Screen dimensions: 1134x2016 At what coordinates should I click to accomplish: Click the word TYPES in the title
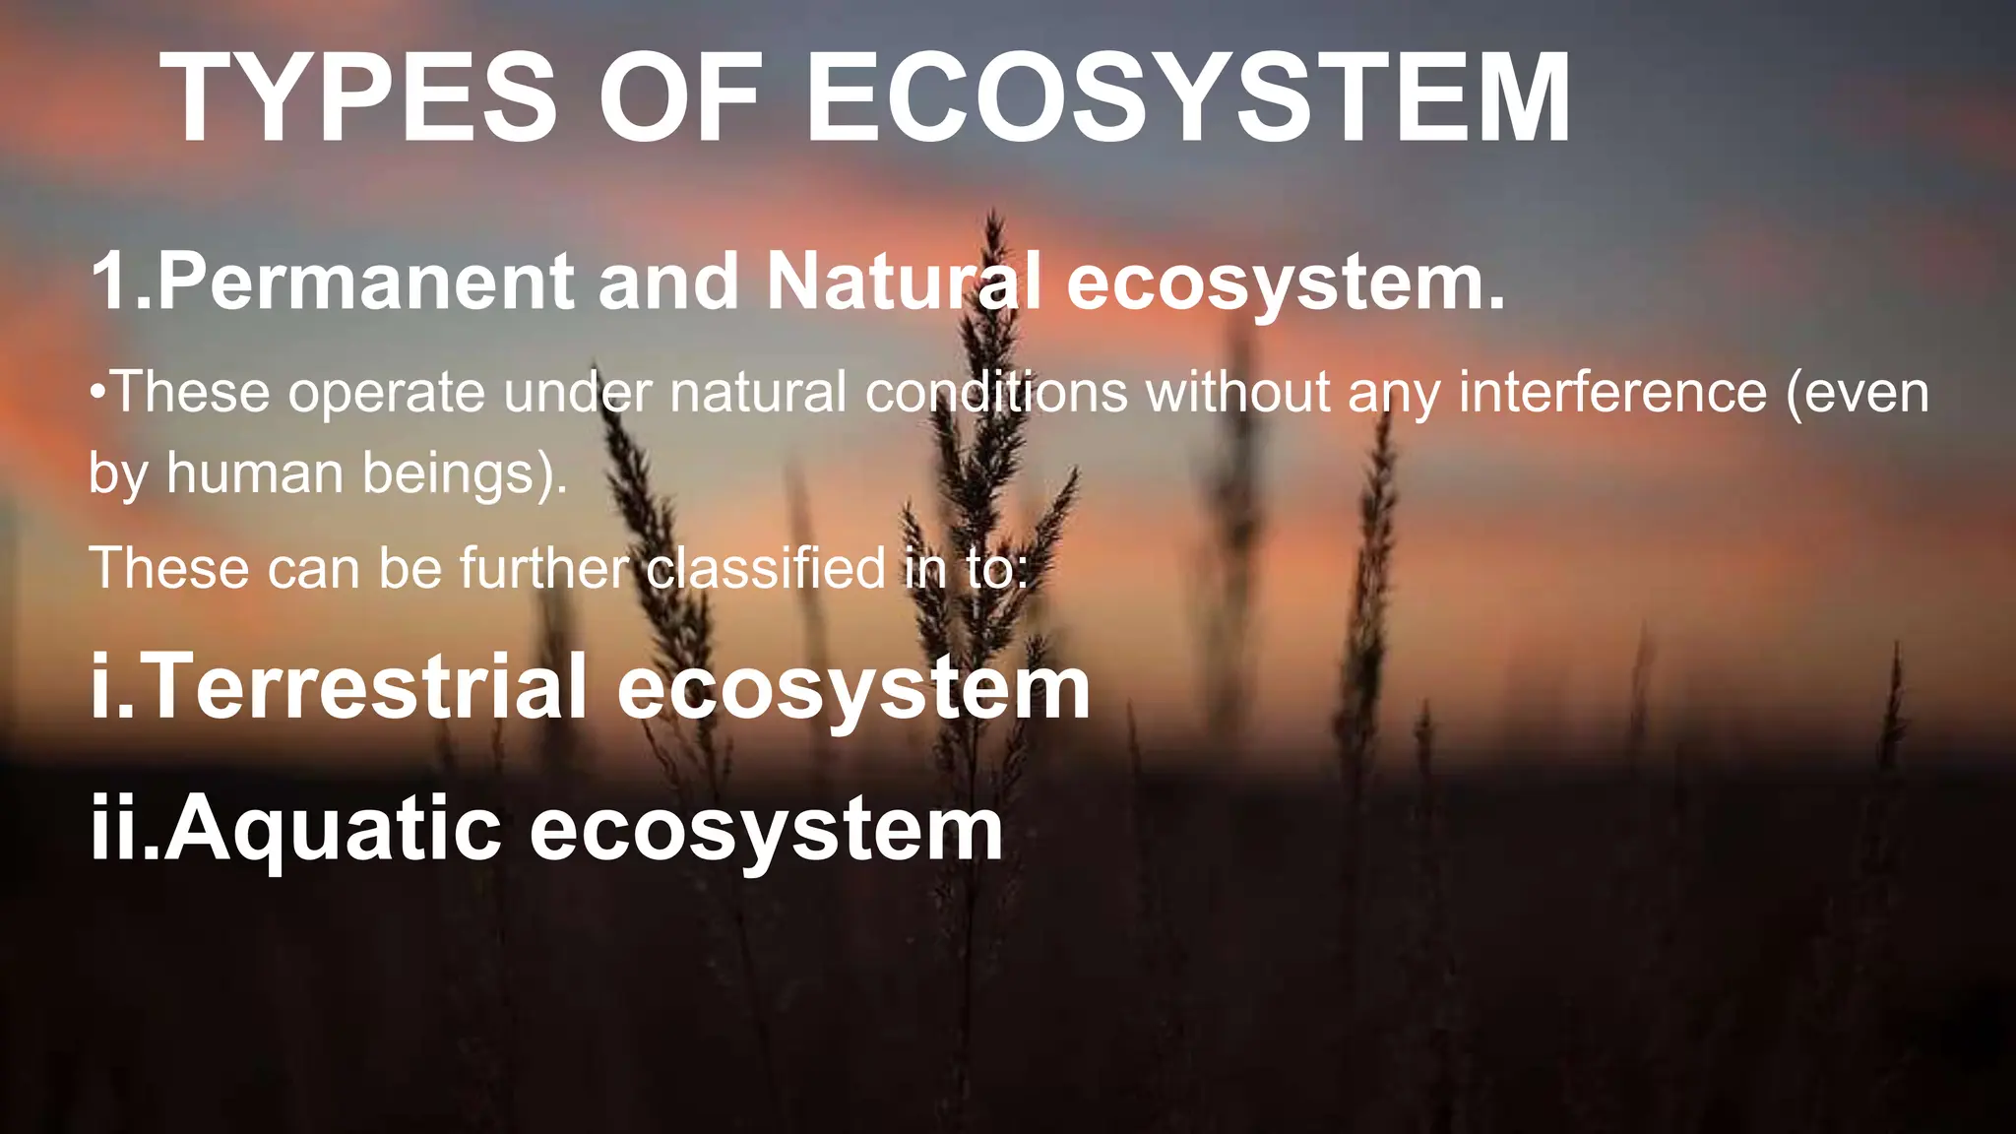358,98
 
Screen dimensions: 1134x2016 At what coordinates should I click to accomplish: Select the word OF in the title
679,98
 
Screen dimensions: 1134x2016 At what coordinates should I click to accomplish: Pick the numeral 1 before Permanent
110,283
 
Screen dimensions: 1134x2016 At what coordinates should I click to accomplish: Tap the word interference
1612,393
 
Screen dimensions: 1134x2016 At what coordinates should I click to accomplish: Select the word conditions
996,393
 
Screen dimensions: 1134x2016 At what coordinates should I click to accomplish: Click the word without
1237,393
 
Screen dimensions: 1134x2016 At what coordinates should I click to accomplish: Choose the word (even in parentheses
1858,393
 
